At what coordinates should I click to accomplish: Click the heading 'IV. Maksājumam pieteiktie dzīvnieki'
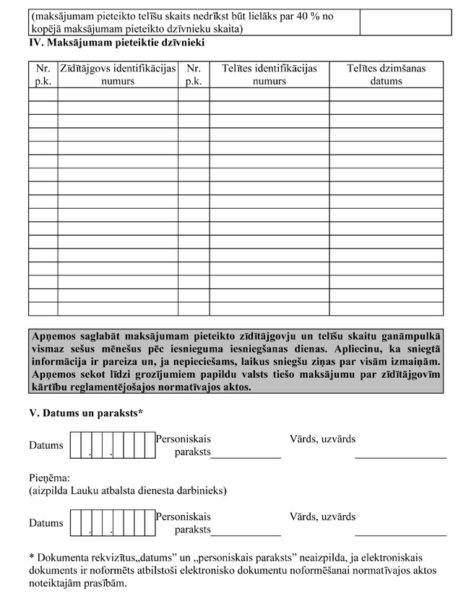(116, 43)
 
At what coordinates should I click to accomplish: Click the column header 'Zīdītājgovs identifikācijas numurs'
(117, 74)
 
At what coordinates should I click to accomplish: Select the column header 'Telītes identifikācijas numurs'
(269, 74)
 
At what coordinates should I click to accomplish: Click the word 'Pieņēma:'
(49, 478)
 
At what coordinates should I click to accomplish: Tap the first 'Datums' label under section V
(46, 446)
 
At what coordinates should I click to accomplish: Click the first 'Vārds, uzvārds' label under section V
(322, 439)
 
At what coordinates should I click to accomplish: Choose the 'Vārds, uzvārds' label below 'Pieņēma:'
(322, 517)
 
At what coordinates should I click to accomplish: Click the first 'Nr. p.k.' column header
(43, 74)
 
